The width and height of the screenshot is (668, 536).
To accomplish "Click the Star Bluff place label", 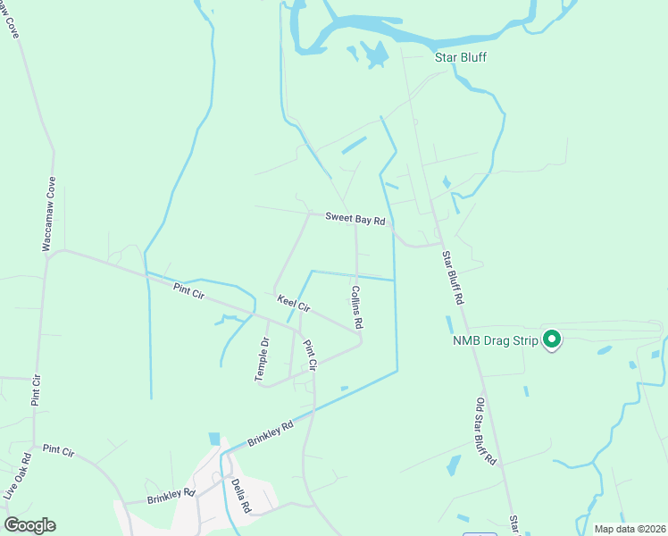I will [x=460, y=58].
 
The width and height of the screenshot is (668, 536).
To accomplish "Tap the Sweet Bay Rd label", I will [x=355, y=217].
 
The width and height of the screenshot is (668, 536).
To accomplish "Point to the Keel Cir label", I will [x=293, y=303].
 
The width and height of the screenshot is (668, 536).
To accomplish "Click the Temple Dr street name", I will [x=263, y=359].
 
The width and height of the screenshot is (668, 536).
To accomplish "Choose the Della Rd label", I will [x=239, y=494].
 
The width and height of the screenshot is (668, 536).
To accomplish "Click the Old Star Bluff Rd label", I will [x=486, y=433].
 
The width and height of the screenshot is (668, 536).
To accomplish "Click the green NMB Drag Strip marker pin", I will [x=552, y=339].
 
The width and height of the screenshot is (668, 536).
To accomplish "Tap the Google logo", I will [x=29, y=525].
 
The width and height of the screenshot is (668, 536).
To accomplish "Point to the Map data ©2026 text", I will [x=629, y=529].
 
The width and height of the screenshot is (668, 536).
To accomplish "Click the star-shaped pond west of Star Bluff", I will [x=377, y=54].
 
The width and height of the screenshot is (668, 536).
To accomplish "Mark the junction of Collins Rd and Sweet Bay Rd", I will [x=356, y=224].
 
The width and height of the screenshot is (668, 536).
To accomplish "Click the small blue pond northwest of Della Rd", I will [x=214, y=439].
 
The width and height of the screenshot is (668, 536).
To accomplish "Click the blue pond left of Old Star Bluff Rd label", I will [x=454, y=465].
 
